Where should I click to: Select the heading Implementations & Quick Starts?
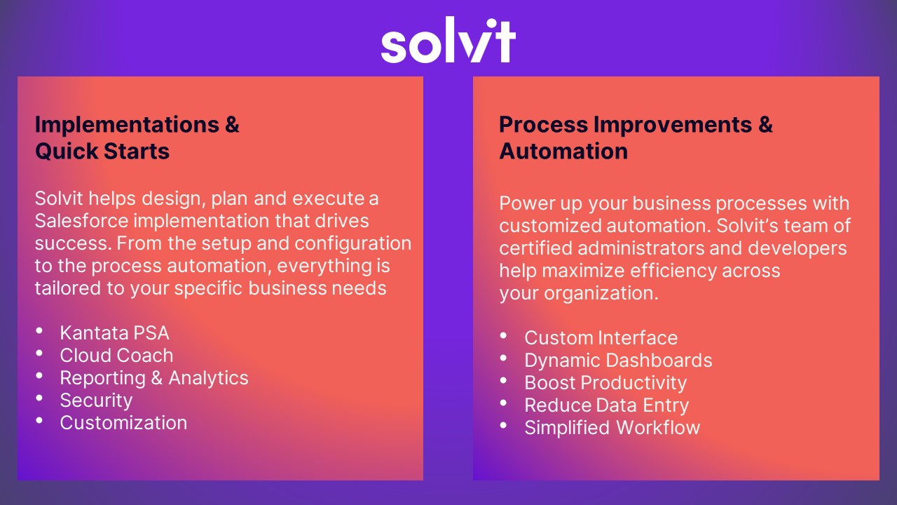tap(137, 137)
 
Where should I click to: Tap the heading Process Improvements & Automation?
tap(635, 137)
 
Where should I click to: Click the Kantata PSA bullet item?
tap(114, 332)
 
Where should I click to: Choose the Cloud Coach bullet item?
tap(116, 355)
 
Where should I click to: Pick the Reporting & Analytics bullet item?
tap(154, 377)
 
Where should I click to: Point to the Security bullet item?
tap(96, 400)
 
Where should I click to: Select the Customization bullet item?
tap(123, 422)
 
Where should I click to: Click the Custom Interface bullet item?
tap(601, 337)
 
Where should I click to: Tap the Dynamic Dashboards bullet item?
tap(618, 360)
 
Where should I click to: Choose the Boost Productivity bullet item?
tap(605, 382)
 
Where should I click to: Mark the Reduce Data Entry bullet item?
tap(606, 405)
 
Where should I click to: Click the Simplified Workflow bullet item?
tap(612, 427)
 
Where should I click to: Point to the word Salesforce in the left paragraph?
tap(81, 221)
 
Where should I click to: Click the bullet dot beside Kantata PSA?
tap(40, 331)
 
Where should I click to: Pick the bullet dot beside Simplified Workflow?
tap(504, 426)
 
